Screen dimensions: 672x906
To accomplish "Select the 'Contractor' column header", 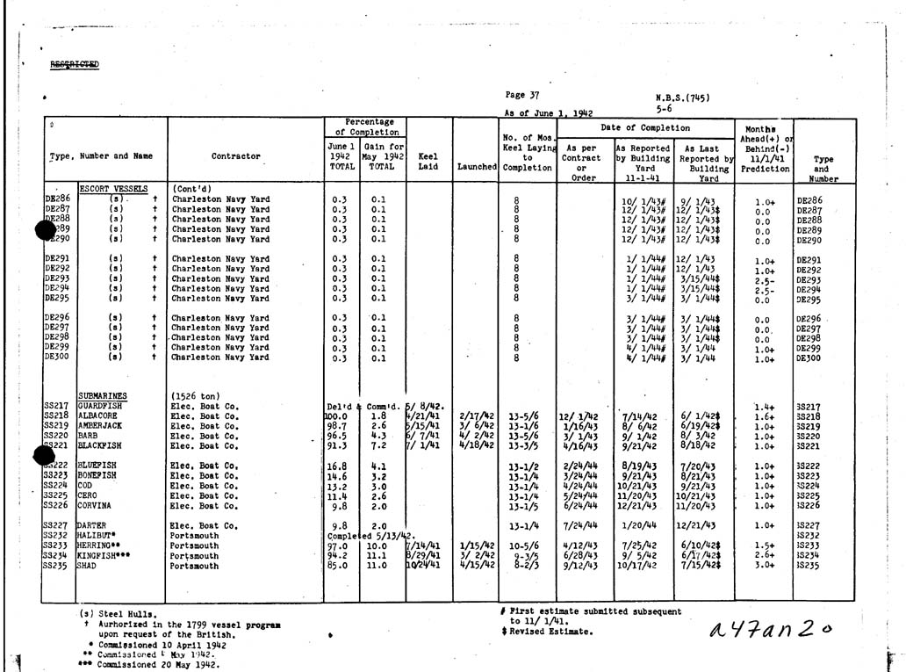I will pyautogui.click(x=235, y=156).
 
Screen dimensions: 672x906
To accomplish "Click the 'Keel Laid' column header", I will pyautogui.click(x=428, y=162).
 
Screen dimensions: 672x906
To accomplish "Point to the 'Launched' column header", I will pyautogui.click(x=477, y=166).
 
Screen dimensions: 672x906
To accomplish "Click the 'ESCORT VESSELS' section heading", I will pyautogui.click(x=112, y=189).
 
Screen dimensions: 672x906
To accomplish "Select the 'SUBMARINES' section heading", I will pyautogui.click(x=102, y=395).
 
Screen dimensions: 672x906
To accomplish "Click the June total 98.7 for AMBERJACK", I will pyautogui.click(x=338, y=425).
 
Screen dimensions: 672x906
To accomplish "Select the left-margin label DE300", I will pyautogui.click(x=56, y=358).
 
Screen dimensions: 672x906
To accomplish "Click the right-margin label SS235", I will pyautogui.click(x=809, y=566).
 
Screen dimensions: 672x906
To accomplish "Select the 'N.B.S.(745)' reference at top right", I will pyautogui.click(x=682, y=98).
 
